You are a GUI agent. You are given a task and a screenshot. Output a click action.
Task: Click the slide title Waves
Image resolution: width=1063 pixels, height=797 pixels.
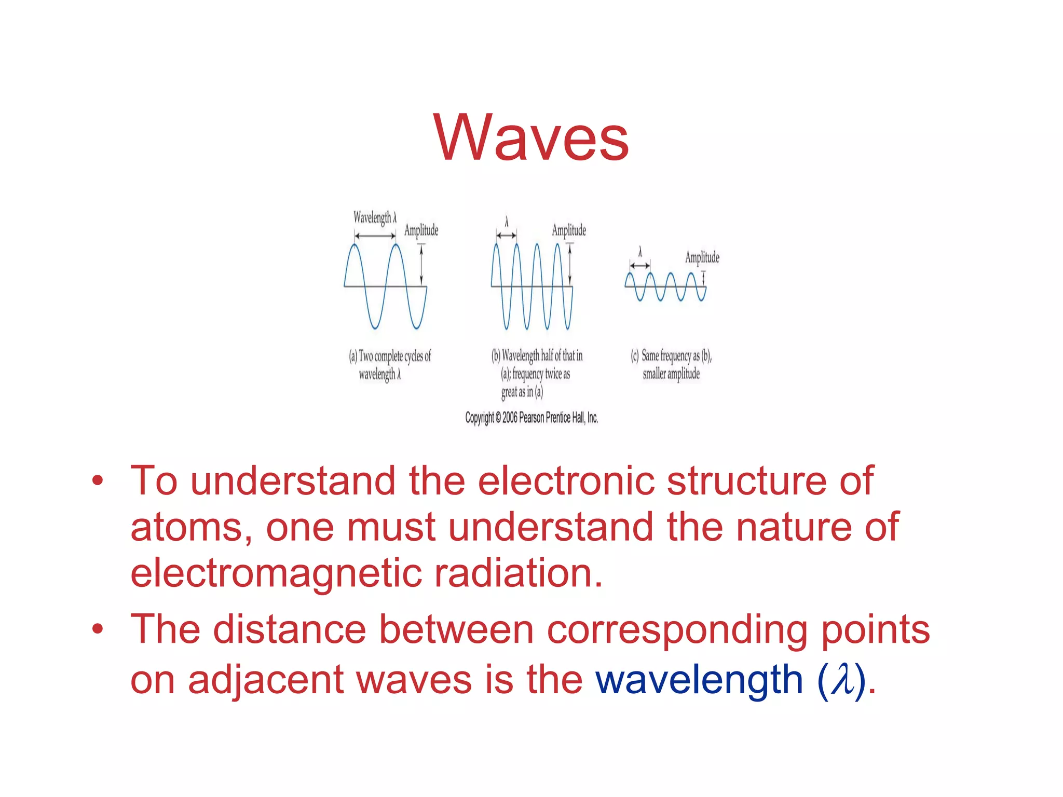(x=531, y=138)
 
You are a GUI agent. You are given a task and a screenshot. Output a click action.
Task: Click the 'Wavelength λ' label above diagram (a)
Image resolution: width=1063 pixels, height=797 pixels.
(x=375, y=217)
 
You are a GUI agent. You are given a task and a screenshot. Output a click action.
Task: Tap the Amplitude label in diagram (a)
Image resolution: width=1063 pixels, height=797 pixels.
(x=421, y=230)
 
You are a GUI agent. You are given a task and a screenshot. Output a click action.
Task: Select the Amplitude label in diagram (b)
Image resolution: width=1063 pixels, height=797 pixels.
(x=569, y=230)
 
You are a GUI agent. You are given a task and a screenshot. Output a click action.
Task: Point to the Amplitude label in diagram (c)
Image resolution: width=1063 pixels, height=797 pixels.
(x=702, y=257)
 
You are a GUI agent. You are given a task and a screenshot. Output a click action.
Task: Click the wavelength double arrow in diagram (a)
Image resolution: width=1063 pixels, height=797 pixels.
(x=375, y=236)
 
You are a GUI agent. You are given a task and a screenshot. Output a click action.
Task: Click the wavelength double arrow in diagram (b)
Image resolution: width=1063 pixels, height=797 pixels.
(x=506, y=236)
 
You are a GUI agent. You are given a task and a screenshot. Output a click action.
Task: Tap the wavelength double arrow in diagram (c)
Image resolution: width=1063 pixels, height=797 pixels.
(x=639, y=266)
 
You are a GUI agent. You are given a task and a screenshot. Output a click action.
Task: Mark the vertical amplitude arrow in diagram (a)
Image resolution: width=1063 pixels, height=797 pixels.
(x=421, y=265)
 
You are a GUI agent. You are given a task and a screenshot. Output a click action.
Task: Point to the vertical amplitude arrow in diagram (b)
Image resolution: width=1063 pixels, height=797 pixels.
(x=570, y=265)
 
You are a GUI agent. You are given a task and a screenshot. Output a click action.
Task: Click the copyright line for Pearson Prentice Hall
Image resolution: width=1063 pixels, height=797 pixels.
(x=531, y=418)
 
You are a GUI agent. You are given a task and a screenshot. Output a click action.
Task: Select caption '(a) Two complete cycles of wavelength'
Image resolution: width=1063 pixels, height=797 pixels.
(x=389, y=365)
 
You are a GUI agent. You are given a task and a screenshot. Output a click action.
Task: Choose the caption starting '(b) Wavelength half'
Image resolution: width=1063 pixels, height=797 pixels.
(x=536, y=373)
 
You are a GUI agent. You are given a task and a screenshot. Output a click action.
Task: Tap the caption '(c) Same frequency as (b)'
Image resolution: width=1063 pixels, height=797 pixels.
(x=671, y=364)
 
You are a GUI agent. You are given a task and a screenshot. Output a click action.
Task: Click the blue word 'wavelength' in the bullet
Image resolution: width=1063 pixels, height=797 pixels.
(x=699, y=679)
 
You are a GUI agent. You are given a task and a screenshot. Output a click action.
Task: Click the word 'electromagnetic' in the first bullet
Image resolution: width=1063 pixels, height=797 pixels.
(x=275, y=573)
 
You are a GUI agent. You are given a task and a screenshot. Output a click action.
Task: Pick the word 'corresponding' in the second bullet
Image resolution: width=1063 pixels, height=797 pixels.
(x=677, y=630)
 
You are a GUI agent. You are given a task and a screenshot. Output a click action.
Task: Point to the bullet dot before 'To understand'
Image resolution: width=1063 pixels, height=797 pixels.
(x=98, y=481)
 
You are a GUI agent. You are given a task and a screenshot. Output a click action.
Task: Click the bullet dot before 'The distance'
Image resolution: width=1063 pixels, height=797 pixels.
(x=98, y=630)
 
